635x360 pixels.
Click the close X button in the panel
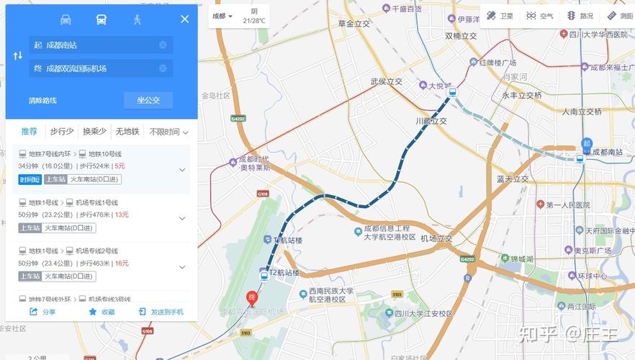184,19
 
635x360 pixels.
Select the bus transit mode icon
102,19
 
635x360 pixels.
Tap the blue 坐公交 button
148,100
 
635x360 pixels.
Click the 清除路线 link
42,100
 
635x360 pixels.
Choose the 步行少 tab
62,132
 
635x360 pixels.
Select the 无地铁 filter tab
127,132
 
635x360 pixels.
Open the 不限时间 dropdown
168,132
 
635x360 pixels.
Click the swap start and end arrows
18,56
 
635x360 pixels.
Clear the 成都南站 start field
163,45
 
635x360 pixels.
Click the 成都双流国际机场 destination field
94,68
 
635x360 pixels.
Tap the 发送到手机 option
161,312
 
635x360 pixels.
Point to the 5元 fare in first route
120,166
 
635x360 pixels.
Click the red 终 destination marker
252,297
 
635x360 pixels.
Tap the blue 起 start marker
587,145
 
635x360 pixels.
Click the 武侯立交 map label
387,81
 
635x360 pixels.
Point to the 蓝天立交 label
513,179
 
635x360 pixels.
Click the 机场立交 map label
436,238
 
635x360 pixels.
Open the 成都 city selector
222,16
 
